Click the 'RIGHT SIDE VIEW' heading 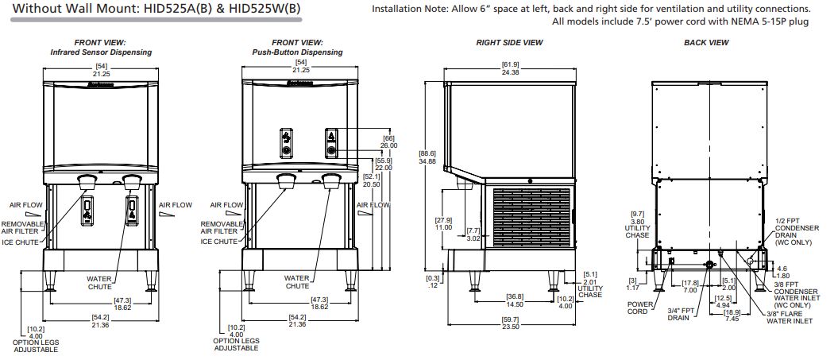pyautogui.click(x=509, y=42)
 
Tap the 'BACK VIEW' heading pyautogui.click(x=706, y=42)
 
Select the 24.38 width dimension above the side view pyautogui.click(x=510, y=72)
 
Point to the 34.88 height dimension pyautogui.click(x=428, y=161)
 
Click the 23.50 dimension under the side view pyautogui.click(x=510, y=327)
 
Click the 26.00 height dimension pyautogui.click(x=388, y=145)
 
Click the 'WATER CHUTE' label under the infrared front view pyautogui.click(x=98, y=282)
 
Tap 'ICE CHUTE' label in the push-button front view pyautogui.click(x=219, y=242)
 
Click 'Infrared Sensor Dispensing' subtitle pyautogui.click(x=101, y=52)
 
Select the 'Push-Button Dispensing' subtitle pyautogui.click(x=297, y=52)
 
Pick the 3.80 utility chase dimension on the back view pyautogui.click(x=638, y=223)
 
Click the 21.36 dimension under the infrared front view pyautogui.click(x=100, y=324)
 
